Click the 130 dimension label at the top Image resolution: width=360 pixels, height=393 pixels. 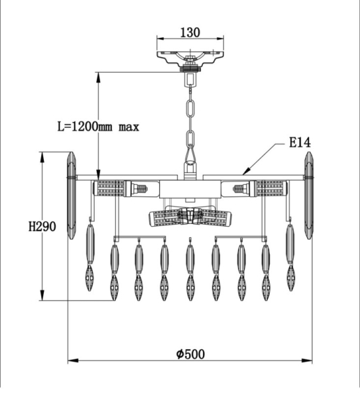190,32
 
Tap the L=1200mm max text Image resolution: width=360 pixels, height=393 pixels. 98,127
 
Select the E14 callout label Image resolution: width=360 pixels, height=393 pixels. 300,143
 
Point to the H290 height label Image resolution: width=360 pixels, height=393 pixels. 42,227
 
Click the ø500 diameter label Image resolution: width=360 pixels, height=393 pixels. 190,354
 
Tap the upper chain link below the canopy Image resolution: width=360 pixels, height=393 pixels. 190,108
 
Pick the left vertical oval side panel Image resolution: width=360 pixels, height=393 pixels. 71,195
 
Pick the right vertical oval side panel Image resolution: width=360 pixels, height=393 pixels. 309,195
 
